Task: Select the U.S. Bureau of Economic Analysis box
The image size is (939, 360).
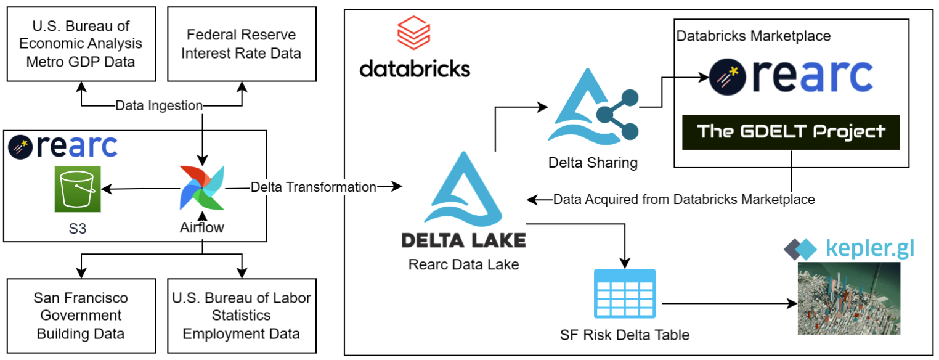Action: pos(81,44)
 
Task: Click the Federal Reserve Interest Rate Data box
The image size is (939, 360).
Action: pos(242,44)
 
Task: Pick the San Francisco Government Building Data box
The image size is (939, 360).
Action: pos(81,316)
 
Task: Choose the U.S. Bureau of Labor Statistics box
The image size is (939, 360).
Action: pos(242,316)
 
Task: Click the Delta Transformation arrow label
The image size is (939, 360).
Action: pos(314,187)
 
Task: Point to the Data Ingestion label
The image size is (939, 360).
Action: pos(160,106)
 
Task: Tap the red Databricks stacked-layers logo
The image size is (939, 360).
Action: pos(414,35)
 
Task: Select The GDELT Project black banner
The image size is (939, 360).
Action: pos(791,132)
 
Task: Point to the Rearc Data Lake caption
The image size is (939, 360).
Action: pos(463,265)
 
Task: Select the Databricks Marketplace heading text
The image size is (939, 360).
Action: pos(754,36)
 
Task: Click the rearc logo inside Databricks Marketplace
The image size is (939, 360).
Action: pos(791,75)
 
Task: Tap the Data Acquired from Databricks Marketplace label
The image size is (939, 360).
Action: pos(684,200)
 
